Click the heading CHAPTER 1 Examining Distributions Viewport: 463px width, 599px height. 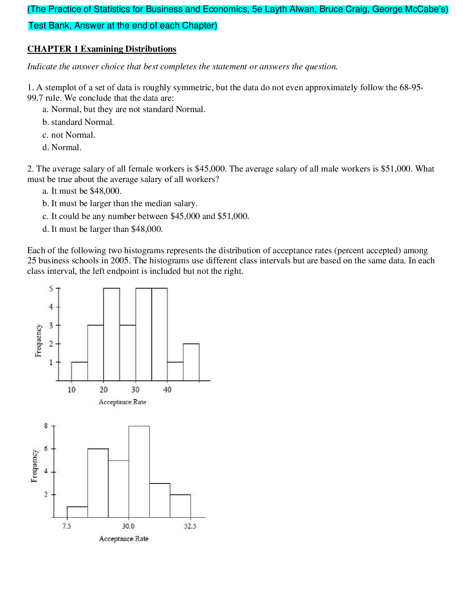pos(102,49)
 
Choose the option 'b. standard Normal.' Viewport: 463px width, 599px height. pos(78,122)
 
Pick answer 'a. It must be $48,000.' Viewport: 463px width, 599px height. pos(82,191)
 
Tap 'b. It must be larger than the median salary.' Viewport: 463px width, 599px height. pos(120,203)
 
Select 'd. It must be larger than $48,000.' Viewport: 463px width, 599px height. pos(102,229)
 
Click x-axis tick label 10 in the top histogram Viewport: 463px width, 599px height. pos(72,390)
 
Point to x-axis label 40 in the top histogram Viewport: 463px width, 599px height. pos(167,390)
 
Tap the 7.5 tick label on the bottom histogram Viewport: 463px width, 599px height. pos(67,526)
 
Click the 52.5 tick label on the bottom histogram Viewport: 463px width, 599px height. pos(190,526)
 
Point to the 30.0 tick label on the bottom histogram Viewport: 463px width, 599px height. pos(128,526)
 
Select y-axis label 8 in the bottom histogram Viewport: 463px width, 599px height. pos(46,426)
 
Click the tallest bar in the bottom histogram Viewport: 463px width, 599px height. pos(139,472)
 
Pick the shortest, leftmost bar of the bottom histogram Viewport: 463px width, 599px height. pos(77,512)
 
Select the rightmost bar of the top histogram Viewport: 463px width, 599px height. pos(191,362)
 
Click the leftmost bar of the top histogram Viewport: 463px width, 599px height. pos(80,371)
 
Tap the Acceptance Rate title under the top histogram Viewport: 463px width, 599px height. pos(123,402)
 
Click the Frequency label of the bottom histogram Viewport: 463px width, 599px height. pos(35,466)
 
